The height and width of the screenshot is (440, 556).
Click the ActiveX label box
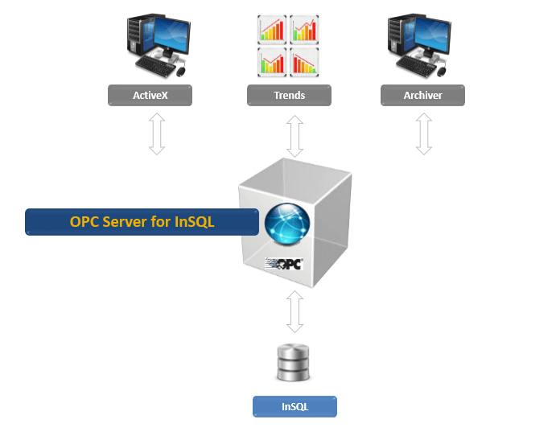[x=150, y=96]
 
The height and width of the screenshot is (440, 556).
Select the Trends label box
[x=289, y=96]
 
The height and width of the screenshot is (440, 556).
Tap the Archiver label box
[x=422, y=96]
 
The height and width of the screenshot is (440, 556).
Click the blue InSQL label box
[x=294, y=406]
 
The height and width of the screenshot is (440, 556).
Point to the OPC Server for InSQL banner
[x=142, y=222]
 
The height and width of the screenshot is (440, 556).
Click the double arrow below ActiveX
[x=157, y=134]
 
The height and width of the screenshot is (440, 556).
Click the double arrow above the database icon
[x=295, y=312]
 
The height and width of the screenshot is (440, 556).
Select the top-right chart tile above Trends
[x=303, y=30]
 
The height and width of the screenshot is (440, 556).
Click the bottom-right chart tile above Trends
[x=303, y=61]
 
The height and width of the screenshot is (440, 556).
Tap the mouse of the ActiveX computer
[x=181, y=72]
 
